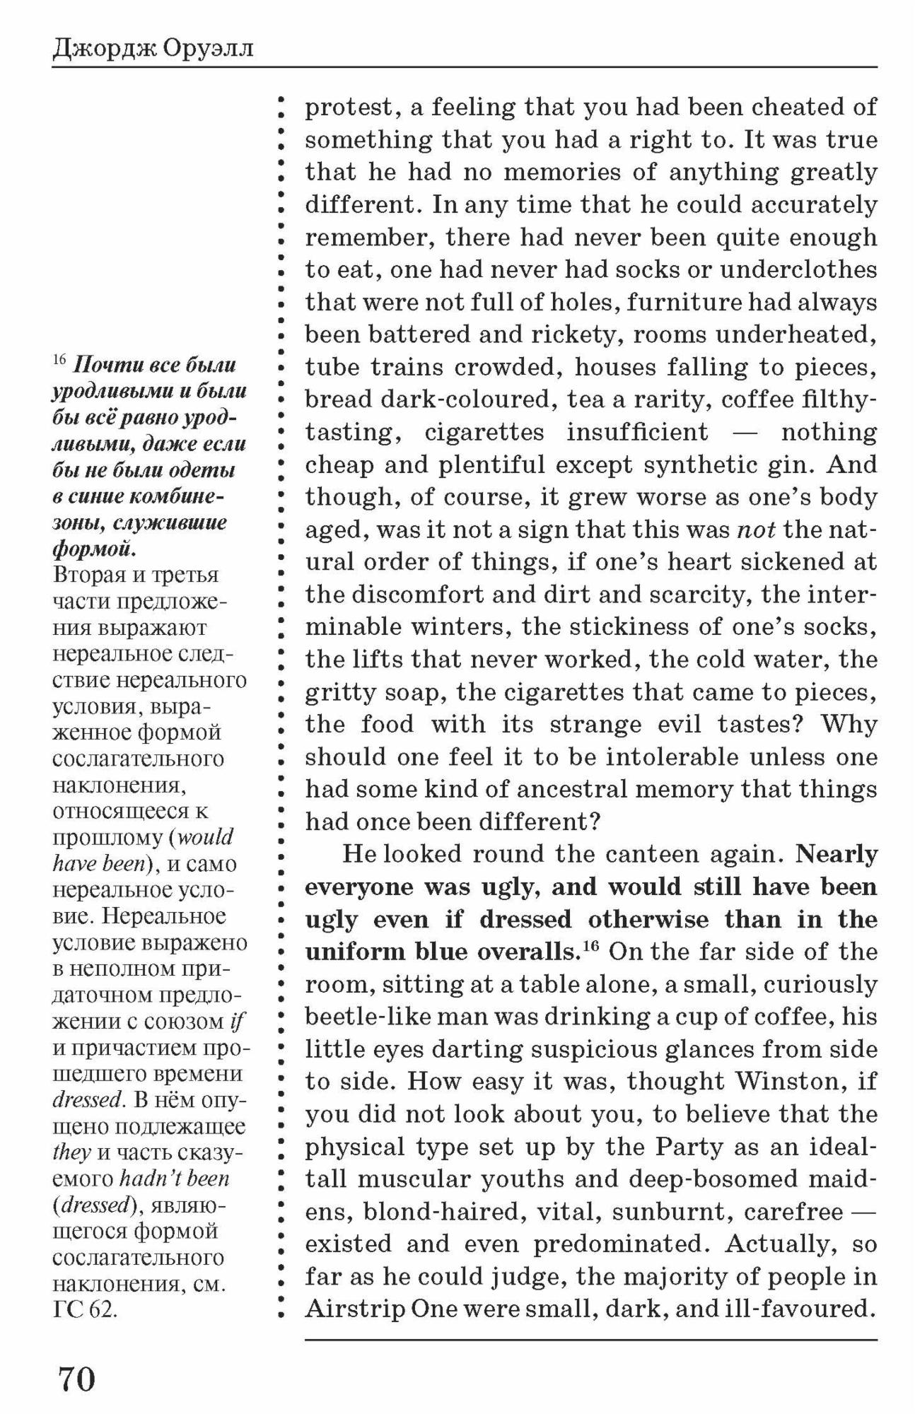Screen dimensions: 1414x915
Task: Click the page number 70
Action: [x=76, y=1378]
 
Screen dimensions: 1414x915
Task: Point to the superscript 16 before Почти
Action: [x=59, y=360]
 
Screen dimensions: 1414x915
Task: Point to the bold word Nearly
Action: [x=837, y=854]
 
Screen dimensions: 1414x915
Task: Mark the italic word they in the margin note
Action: [x=71, y=1152]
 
